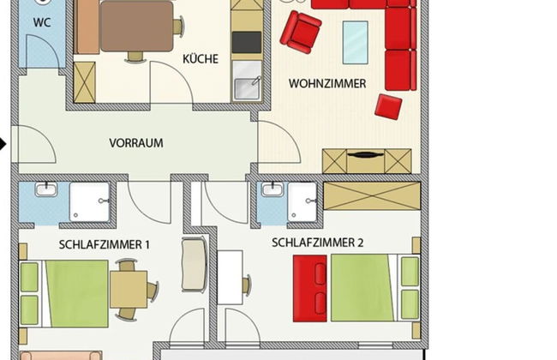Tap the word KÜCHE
tap(201, 59)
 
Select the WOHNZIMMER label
tap(327, 84)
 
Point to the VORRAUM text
tap(135, 143)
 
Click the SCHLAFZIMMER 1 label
tap(105, 244)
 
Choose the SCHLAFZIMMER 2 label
tap(318, 243)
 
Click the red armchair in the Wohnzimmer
tap(300, 31)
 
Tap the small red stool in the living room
tap(388, 106)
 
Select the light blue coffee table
tap(355, 42)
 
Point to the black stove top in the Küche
tap(247, 41)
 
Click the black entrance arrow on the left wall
tap(4, 144)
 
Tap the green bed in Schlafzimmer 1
tap(75, 293)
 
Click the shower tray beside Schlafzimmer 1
tap(90, 203)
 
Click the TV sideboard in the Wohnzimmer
tap(366, 160)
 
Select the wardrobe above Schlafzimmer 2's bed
tap(372, 195)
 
